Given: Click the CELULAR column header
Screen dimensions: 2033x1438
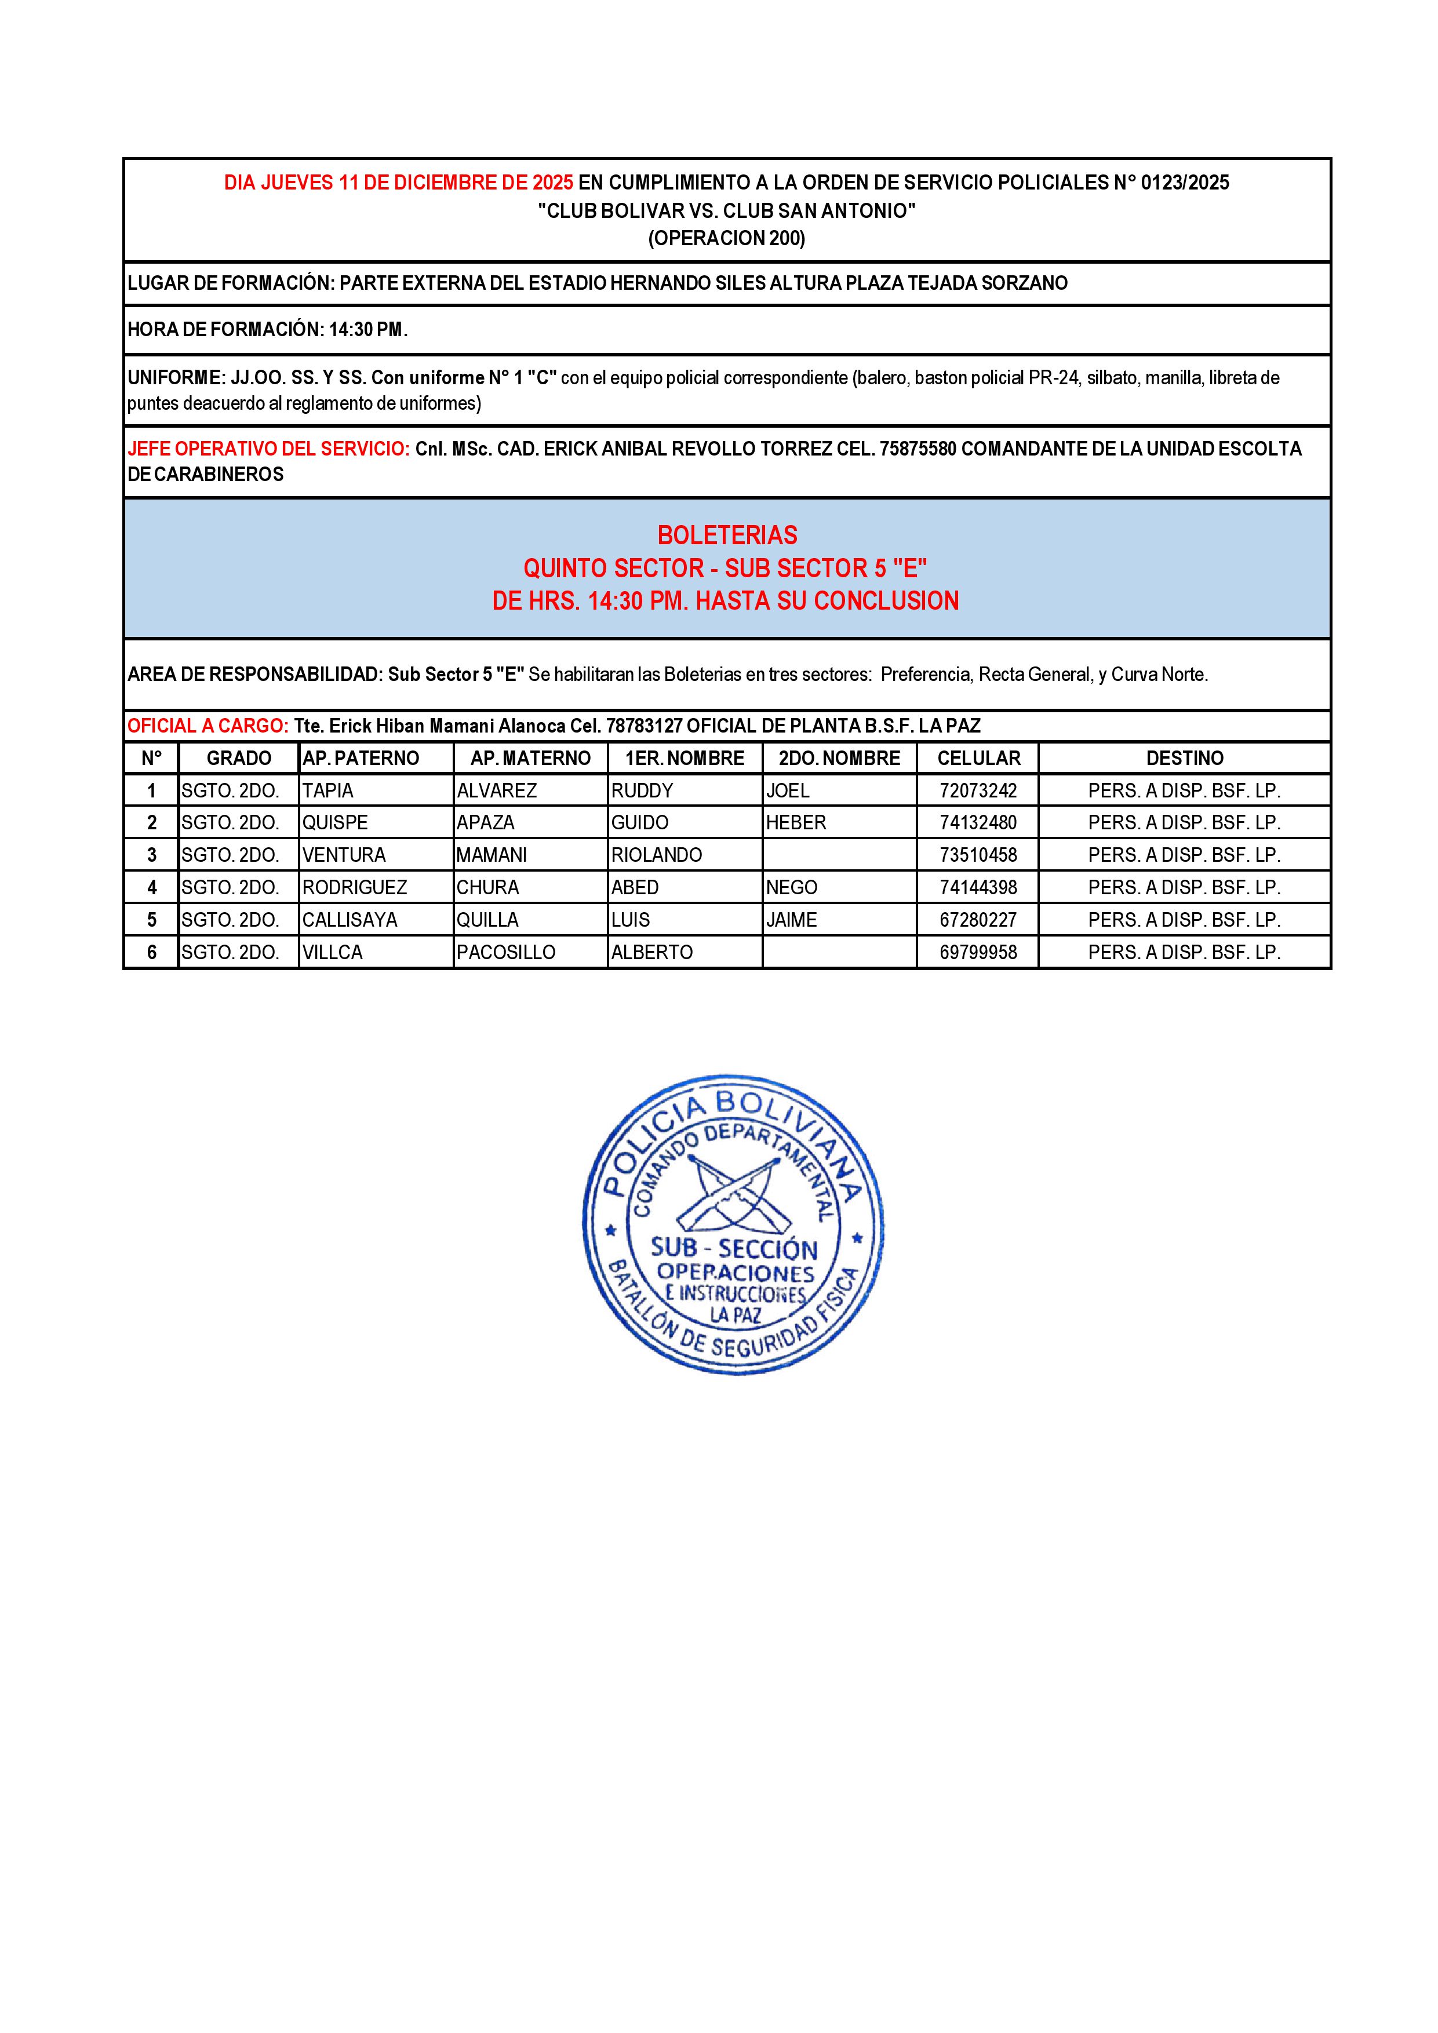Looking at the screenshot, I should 978,758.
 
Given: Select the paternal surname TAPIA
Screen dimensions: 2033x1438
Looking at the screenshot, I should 327,790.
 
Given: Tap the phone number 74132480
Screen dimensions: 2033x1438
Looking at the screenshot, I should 978,822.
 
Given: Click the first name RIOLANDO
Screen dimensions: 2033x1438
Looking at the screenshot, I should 656,855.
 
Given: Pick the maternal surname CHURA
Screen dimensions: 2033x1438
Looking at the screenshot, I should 488,887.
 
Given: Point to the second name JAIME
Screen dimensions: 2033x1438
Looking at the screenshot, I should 792,920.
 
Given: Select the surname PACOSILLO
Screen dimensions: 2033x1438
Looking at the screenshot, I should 505,953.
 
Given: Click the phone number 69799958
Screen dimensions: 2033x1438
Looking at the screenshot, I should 978,953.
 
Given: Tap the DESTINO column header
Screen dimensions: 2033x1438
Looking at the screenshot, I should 1185,758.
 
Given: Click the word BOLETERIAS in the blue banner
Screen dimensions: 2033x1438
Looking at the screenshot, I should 727,535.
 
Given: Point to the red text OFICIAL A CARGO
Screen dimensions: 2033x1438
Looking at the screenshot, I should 207,726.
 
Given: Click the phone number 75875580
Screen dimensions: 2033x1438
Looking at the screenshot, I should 918,449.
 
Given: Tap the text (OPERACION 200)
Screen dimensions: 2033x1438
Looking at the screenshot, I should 727,238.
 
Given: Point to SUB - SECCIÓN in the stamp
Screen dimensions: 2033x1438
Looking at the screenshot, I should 734,1248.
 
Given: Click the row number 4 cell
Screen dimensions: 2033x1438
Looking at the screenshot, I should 151,887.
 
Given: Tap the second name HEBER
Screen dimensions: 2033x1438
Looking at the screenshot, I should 796,822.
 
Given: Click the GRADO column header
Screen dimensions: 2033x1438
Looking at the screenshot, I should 239,758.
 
